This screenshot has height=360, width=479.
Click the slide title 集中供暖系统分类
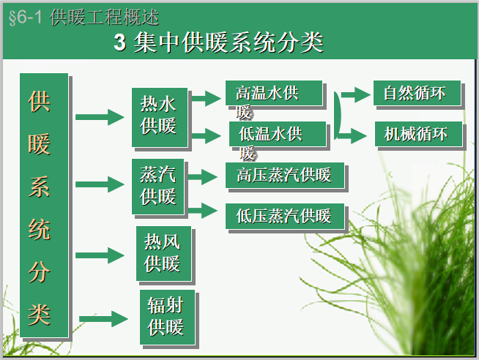coord(229,42)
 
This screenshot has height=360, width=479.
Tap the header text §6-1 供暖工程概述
coord(83,17)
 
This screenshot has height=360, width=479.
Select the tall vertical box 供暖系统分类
coord(43,205)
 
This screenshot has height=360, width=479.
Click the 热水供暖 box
coord(159,115)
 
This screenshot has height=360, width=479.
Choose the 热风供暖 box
coord(163,252)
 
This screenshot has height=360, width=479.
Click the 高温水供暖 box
coord(273,94)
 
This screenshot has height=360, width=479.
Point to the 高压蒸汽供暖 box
coord(284,176)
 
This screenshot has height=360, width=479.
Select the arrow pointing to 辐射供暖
coord(103,318)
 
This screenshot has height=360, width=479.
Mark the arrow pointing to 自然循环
coord(357,94)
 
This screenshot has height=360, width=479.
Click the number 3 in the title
coord(121,42)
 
